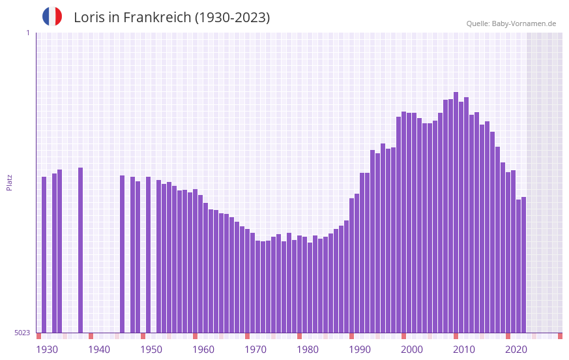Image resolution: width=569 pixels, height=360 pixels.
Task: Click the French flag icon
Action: [52, 16]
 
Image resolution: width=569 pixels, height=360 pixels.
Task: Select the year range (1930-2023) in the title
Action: [232, 18]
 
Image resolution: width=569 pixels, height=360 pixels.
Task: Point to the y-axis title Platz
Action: [9, 182]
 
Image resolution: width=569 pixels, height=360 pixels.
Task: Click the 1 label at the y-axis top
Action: [27, 33]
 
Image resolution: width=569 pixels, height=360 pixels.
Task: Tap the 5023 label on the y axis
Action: [22, 333]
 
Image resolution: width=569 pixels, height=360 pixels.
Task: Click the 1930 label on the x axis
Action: [47, 349]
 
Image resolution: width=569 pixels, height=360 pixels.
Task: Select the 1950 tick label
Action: [151, 349]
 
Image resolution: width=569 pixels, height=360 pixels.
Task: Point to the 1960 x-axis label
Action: [203, 349]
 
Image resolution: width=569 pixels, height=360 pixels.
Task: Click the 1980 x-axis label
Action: [308, 349]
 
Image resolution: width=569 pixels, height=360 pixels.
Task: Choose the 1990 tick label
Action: [360, 349]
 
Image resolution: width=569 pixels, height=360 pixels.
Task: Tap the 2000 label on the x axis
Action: [412, 349]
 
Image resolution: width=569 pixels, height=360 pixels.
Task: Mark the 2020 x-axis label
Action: [516, 349]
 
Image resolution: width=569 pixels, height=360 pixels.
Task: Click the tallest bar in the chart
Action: [456, 212]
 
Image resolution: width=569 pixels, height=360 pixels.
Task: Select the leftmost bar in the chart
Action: [44, 254]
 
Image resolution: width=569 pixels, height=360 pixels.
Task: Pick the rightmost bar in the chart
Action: [523, 264]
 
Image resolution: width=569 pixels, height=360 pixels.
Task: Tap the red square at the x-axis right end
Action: [560, 336]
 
